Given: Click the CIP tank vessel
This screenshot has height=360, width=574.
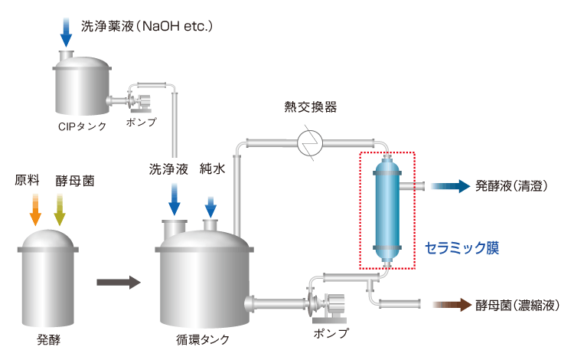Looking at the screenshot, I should [x=81, y=84].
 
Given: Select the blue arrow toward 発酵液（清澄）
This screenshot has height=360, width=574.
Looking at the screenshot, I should [x=449, y=185].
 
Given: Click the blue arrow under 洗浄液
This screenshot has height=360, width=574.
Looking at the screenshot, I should [x=174, y=201].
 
